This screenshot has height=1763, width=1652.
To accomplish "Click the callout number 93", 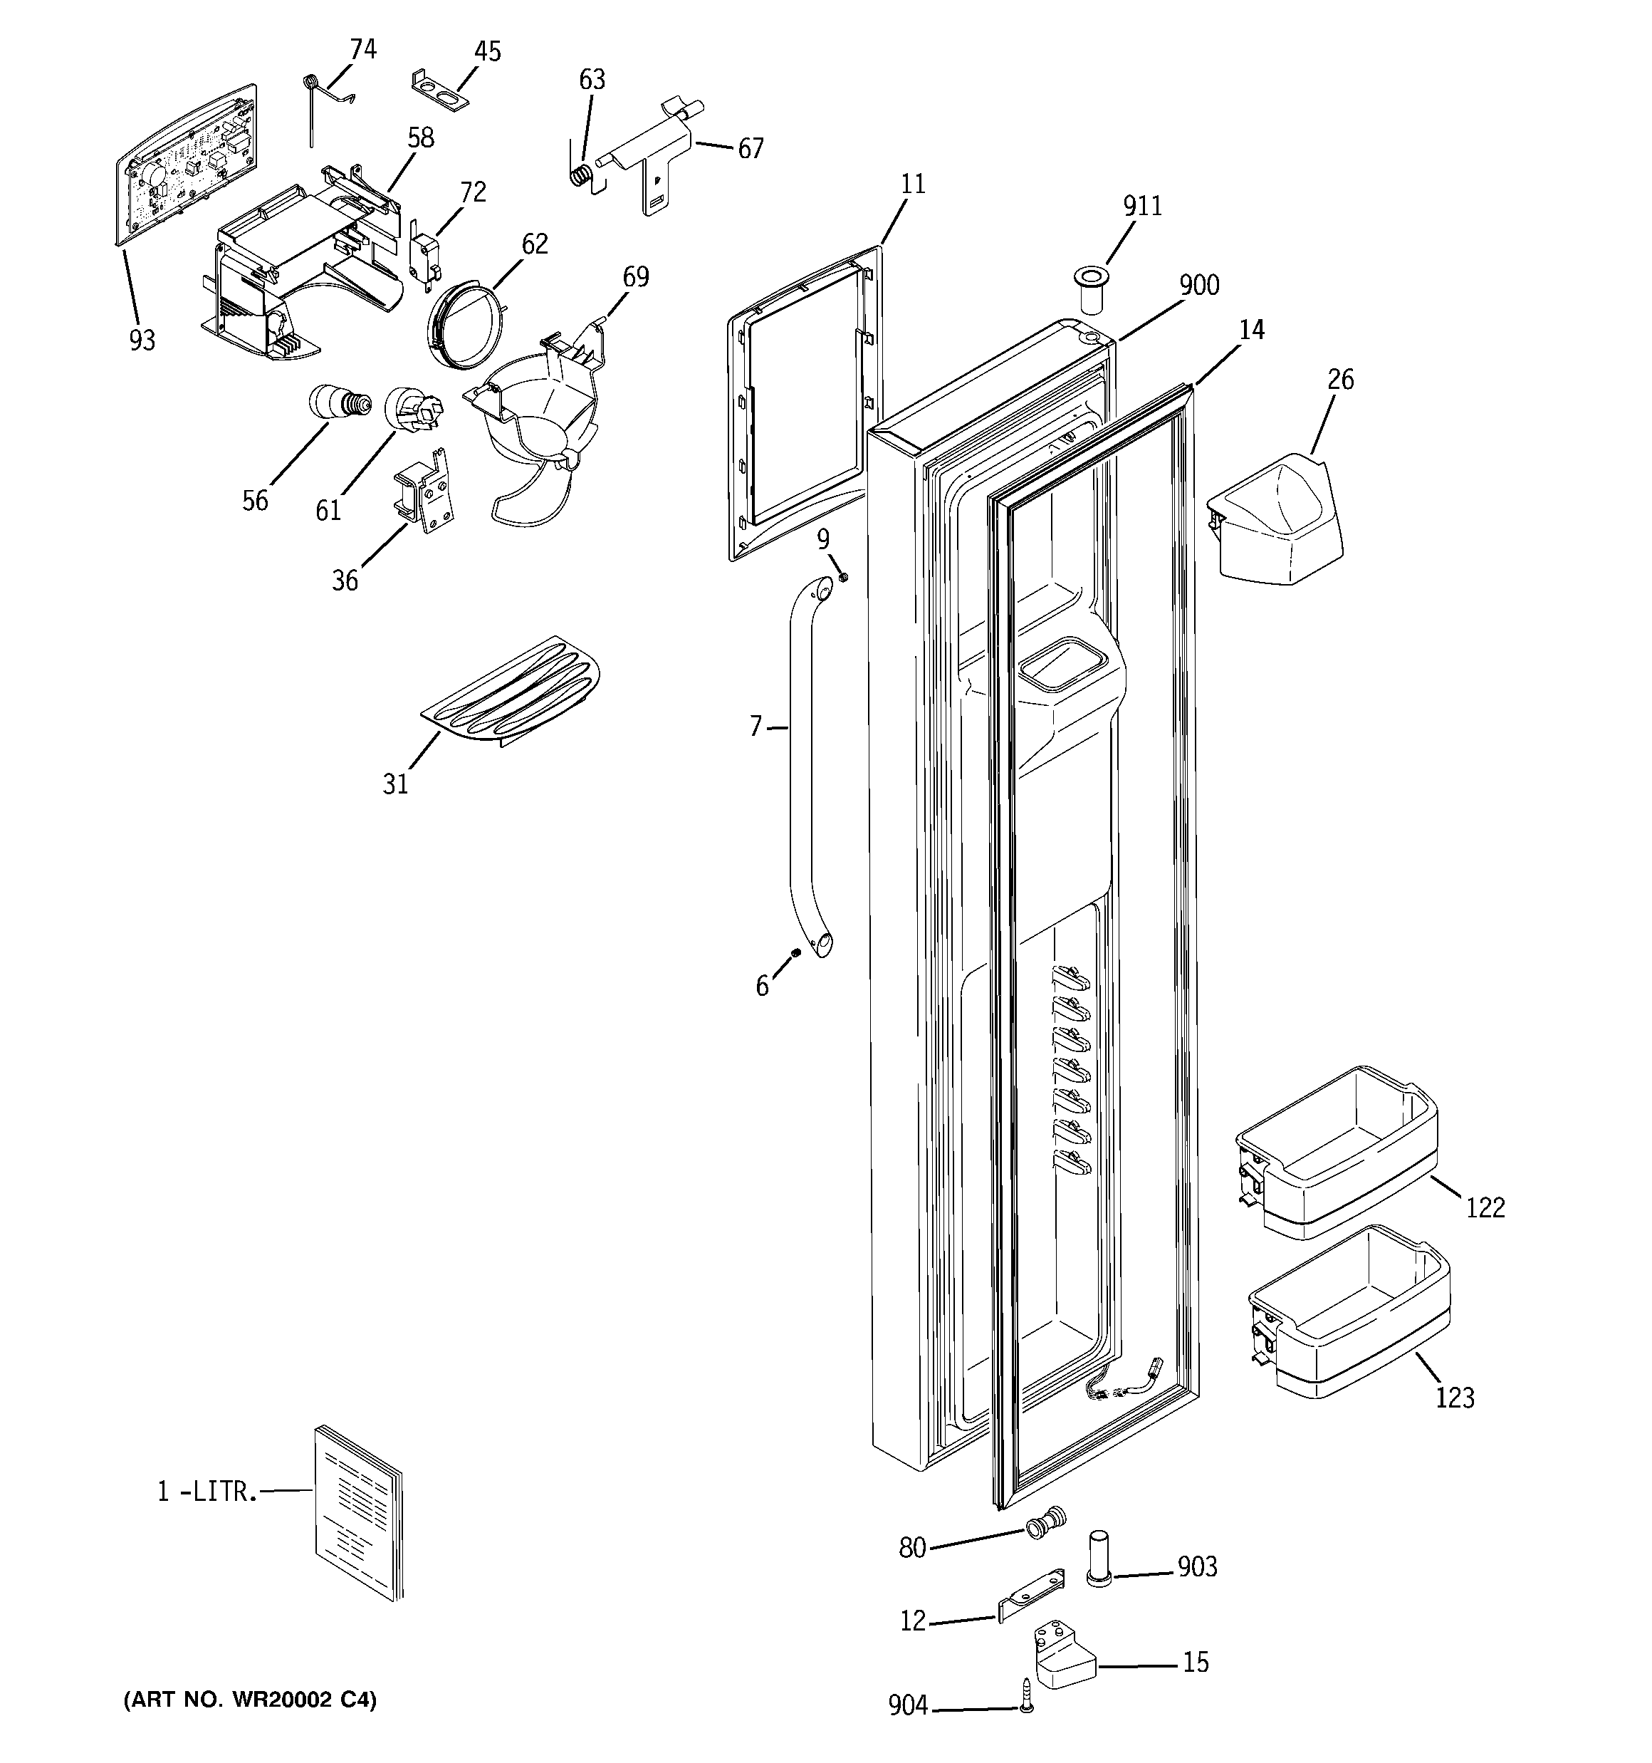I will tap(142, 340).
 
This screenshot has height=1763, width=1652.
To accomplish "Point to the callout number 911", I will tap(1142, 206).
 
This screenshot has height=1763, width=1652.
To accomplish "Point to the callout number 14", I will tap(1251, 330).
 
